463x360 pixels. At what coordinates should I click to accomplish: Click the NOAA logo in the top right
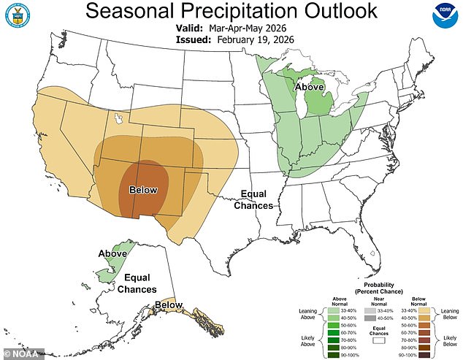click(444, 16)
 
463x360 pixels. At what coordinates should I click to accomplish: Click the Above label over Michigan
click(310, 88)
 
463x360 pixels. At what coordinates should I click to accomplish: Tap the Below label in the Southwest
click(143, 191)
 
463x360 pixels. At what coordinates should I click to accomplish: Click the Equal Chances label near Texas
click(253, 200)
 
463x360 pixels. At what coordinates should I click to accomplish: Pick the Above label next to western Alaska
click(112, 253)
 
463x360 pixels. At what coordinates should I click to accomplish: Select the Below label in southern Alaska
click(168, 305)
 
